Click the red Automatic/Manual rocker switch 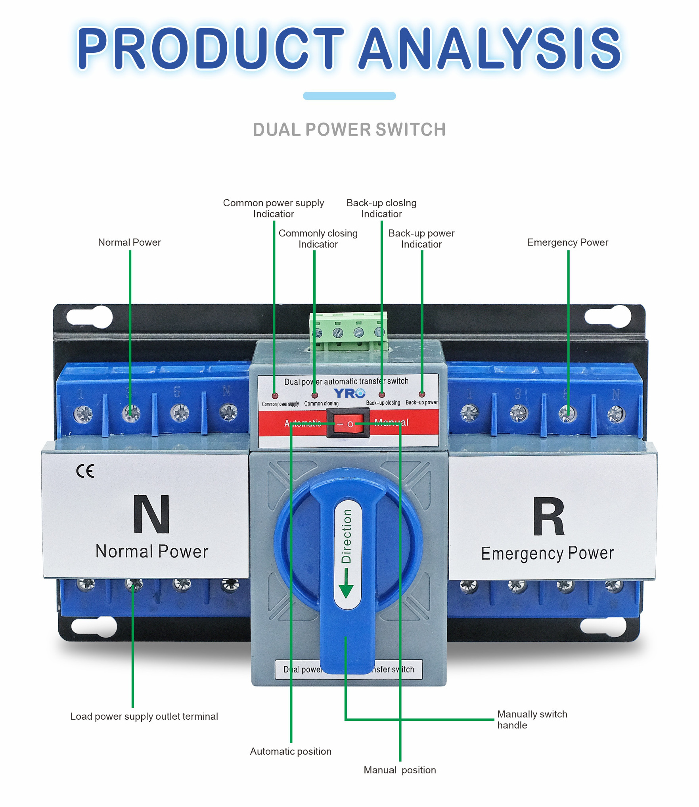click(x=348, y=424)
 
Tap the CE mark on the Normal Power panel click(x=85, y=471)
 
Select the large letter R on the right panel click(x=548, y=516)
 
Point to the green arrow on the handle click(x=346, y=584)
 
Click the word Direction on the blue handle click(x=347, y=536)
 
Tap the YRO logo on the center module click(x=349, y=393)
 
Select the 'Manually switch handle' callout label click(x=532, y=719)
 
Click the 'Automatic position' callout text click(x=291, y=751)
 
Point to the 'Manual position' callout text click(x=400, y=770)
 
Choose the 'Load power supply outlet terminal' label click(x=144, y=716)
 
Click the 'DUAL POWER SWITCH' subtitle click(x=349, y=130)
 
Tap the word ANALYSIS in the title click(x=490, y=48)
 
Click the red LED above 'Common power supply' click(x=275, y=396)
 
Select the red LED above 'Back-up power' click(x=422, y=394)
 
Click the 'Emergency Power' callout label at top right click(x=567, y=242)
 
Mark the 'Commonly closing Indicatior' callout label click(x=318, y=238)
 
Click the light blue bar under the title click(x=349, y=96)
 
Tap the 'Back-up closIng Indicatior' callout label click(x=381, y=208)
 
